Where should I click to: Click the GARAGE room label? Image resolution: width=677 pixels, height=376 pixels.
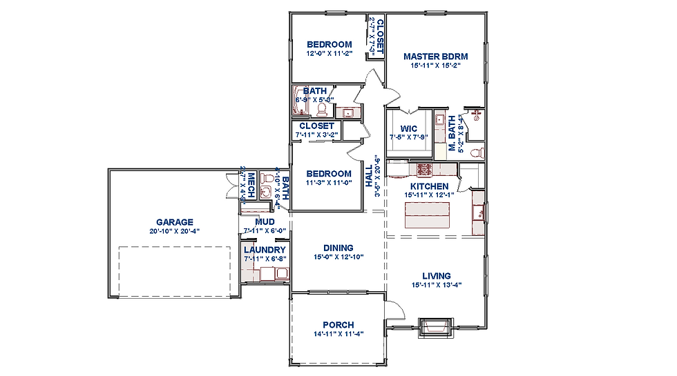[174, 222]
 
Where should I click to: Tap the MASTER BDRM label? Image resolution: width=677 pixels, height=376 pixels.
[435, 57]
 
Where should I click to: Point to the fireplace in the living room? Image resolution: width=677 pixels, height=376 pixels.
[433, 324]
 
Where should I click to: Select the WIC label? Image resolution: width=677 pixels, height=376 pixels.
[409, 128]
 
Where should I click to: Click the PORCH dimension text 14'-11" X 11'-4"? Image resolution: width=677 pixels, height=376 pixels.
[338, 335]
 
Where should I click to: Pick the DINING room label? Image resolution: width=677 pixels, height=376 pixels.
[338, 248]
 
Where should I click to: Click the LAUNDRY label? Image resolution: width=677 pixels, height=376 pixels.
[265, 250]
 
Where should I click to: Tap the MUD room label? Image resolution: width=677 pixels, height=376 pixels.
[265, 221]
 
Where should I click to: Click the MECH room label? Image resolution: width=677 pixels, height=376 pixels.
[253, 184]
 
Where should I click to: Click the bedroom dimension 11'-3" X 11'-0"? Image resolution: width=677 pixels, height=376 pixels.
[329, 183]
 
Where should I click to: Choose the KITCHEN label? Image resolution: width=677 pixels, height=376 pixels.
[429, 186]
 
